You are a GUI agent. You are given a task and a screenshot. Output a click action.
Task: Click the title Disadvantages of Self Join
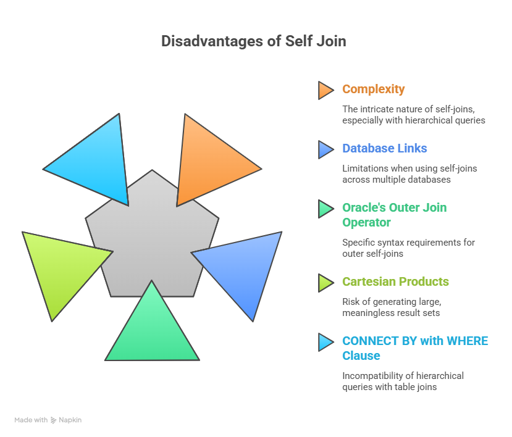coord(253,41)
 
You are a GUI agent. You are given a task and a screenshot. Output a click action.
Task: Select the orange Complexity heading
coord(373,89)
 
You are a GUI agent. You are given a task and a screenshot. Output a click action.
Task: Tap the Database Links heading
coord(384,149)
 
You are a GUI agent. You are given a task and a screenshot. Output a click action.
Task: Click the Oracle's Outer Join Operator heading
coord(394,214)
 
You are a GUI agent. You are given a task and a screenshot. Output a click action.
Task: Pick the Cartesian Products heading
coord(395,282)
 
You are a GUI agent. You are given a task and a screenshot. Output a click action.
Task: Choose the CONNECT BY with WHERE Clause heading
coord(415,348)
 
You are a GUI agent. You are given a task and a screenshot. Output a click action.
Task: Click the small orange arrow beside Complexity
coord(325,90)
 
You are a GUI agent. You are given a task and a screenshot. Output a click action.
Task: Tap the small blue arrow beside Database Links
coord(325,149)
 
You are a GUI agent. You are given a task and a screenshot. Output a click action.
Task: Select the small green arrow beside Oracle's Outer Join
coord(325,209)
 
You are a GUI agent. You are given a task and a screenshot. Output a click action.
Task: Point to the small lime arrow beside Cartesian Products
coord(325,283)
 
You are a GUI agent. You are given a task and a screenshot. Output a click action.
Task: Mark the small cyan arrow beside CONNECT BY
coord(325,342)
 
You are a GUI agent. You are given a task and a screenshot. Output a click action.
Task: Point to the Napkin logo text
coord(70,420)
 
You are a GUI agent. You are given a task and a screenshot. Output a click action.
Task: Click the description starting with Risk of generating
coord(392,307)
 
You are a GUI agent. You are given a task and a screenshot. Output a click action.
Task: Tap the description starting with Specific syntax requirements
coord(408,248)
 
